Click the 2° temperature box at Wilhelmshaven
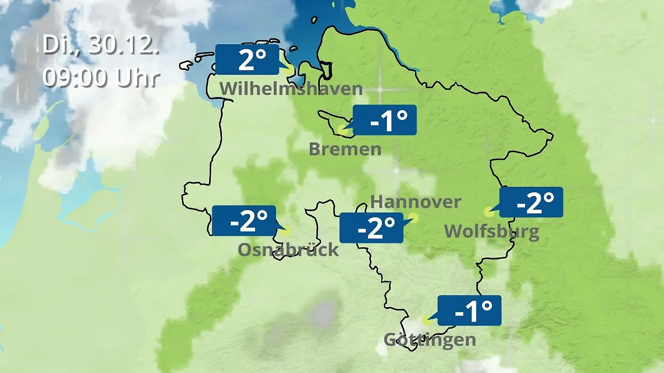pyautogui.click(x=247, y=60)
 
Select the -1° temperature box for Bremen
pyautogui.click(x=385, y=120)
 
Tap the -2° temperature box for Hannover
pyautogui.click(x=371, y=228)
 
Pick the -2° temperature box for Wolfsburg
pyautogui.click(x=531, y=202)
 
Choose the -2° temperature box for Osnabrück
pyautogui.click(x=243, y=221)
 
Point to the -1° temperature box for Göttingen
pyautogui.click(x=469, y=311)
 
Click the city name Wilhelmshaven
pyautogui.click(x=291, y=88)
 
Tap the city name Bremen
pyautogui.click(x=345, y=149)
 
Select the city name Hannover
pyautogui.click(x=415, y=202)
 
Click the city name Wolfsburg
pyautogui.click(x=492, y=231)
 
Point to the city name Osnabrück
pyautogui.click(x=288, y=250)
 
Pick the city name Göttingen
pyautogui.click(x=430, y=339)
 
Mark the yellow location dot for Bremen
pyautogui.click(x=342, y=132)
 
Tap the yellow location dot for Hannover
pyautogui.click(x=413, y=218)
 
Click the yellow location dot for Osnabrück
pyautogui.click(x=286, y=231)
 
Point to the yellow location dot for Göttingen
pyautogui.click(x=427, y=321)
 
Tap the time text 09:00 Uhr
pyautogui.click(x=101, y=77)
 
